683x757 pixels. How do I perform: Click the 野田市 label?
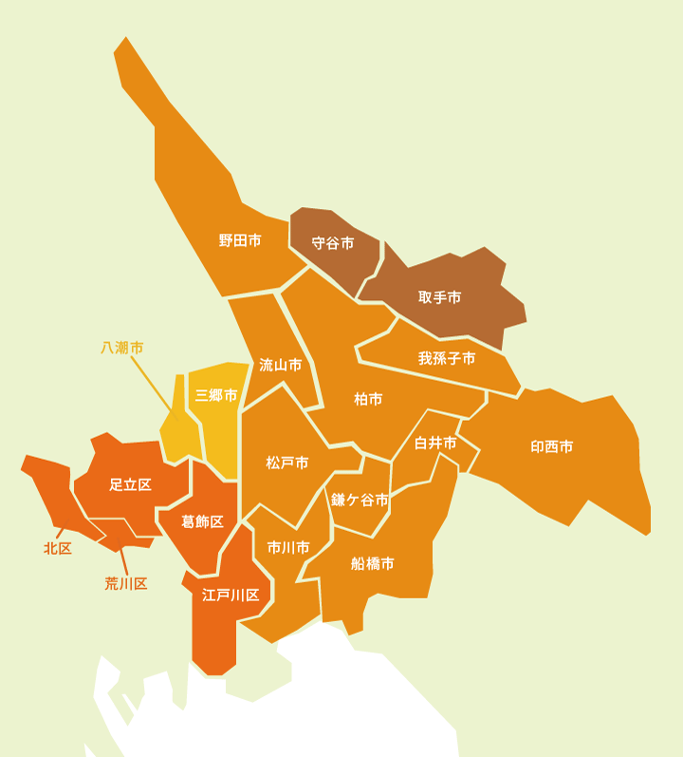240,240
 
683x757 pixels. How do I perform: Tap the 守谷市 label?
333,243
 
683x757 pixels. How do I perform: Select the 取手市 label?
440,297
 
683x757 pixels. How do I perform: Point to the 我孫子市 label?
447,359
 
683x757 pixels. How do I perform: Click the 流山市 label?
281,365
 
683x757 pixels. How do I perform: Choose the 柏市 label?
368,400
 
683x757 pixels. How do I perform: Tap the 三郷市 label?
216,395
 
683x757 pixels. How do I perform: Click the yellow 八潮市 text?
122,349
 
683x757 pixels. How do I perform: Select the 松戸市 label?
287,464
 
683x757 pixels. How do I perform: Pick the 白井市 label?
435,444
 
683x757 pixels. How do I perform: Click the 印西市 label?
552,446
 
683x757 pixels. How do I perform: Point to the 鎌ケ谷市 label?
360,500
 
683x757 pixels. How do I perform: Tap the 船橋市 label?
373,563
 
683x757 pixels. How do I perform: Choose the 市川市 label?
288,548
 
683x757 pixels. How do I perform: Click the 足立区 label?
131,484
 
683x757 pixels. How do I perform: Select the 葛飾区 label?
203,521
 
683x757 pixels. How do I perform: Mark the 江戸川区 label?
231,596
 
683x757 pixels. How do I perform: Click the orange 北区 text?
58,549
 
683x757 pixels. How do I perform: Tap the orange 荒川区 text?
126,583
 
